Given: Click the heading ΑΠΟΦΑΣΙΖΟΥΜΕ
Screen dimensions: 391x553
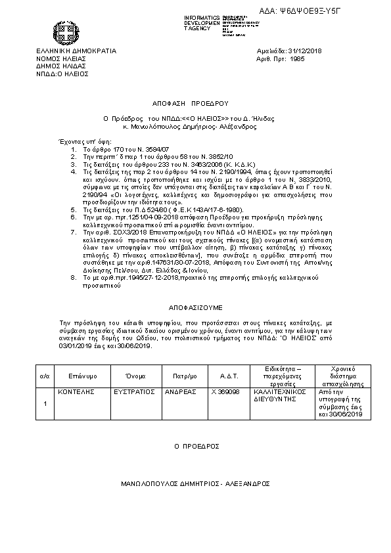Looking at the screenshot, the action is click(x=195, y=306).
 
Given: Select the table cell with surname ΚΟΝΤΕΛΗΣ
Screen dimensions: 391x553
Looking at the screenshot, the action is click(x=73, y=391).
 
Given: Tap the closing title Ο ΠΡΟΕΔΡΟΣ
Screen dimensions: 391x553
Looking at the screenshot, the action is click(x=196, y=445).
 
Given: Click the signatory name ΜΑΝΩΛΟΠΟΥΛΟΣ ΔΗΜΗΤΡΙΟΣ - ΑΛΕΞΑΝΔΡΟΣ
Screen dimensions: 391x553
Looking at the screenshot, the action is click(x=195, y=483).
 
